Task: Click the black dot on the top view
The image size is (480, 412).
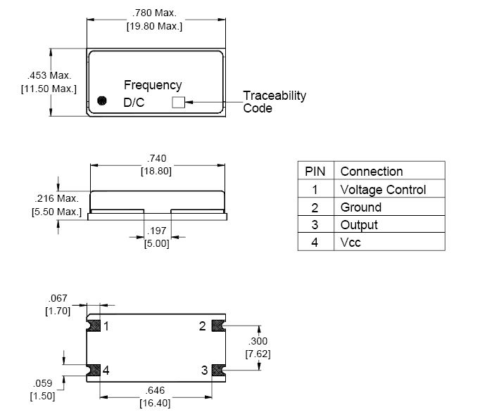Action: pyautogui.click(x=101, y=101)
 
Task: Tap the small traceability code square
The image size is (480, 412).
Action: pyautogui.click(x=179, y=103)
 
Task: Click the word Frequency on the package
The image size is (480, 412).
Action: pyautogui.click(x=153, y=85)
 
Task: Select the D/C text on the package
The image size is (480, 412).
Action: pyautogui.click(x=134, y=103)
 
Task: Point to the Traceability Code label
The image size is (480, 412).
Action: pyautogui.click(x=274, y=102)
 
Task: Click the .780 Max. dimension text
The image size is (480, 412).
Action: pyautogui.click(x=154, y=13)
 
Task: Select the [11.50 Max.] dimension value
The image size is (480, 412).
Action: pyautogui.click(x=49, y=89)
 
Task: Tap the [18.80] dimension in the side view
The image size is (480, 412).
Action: pyautogui.click(x=156, y=171)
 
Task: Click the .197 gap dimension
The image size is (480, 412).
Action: pyautogui.click(x=157, y=231)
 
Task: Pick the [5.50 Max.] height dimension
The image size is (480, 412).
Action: pyautogui.click(x=56, y=212)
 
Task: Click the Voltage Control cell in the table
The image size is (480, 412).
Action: pyautogui.click(x=383, y=190)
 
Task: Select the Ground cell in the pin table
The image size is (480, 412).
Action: pyautogui.click(x=361, y=207)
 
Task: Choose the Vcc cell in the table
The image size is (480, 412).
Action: pyautogui.click(x=350, y=243)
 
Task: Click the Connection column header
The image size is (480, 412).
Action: pyautogui.click(x=372, y=172)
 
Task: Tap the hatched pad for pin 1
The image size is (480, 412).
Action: pyautogui.click(x=94, y=326)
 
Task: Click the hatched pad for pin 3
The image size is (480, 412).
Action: pyautogui.click(x=218, y=371)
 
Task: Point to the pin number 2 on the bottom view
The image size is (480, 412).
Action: pyautogui.click(x=203, y=326)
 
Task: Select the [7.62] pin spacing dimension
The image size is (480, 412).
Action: pyautogui.click(x=258, y=354)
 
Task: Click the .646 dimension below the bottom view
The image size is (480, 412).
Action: pyautogui.click(x=156, y=390)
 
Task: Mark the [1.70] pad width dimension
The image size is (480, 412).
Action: pyautogui.click(x=58, y=311)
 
